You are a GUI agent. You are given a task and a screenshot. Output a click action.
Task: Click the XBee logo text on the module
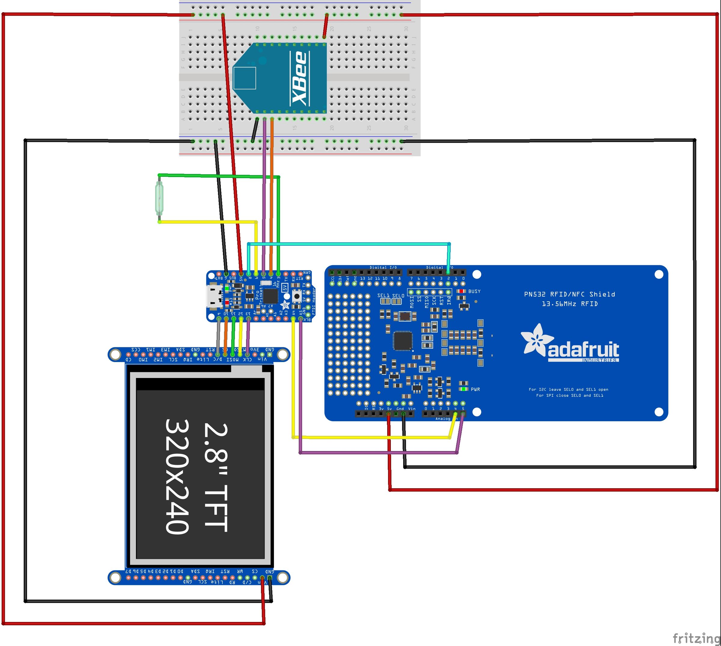pos(299,78)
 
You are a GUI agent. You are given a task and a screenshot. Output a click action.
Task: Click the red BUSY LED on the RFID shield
pos(461,291)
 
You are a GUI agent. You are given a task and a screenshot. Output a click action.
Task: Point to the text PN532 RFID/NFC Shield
pos(570,294)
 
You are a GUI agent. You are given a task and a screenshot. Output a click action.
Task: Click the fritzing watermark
pos(696,638)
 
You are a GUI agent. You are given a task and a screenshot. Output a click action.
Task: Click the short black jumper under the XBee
pos(255,130)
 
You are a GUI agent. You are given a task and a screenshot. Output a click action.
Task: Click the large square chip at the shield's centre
pos(403,341)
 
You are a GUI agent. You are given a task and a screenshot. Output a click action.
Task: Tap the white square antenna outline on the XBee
pos(245,78)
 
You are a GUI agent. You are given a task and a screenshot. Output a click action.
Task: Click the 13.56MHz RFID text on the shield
pos(570,304)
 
